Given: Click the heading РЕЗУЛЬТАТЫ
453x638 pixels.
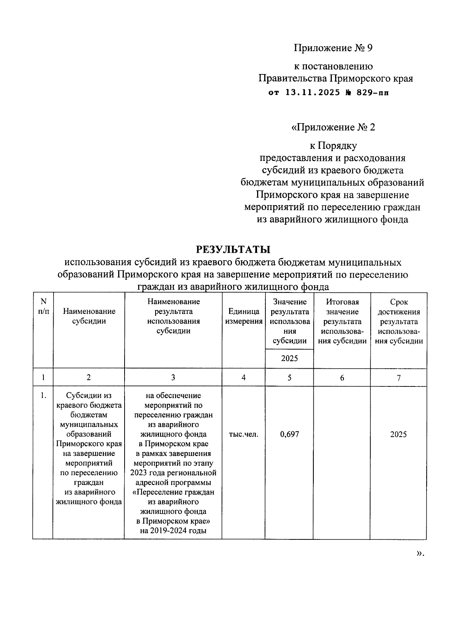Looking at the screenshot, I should tap(233, 250).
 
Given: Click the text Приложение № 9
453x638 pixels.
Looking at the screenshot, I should tap(333, 48).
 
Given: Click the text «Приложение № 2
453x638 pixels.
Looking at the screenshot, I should tap(333, 127).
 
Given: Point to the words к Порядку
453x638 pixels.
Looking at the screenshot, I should tap(333, 145).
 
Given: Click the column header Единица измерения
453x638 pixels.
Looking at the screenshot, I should tap(243, 317).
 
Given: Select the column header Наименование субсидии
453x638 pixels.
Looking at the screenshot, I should tap(89, 317).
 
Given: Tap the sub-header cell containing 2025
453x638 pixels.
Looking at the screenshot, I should tap(289, 358).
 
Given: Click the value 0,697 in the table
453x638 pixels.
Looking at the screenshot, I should tap(289, 434).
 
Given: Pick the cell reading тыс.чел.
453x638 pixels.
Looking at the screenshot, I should tap(243, 434).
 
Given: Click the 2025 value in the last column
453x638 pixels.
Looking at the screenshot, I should tap(398, 434).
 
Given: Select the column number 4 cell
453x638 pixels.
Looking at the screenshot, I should tap(243, 377).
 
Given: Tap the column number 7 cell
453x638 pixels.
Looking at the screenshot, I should tap(399, 377).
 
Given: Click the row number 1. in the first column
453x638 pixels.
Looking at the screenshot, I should tap(43, 395).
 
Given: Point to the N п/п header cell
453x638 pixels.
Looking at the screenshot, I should tap(43, 306).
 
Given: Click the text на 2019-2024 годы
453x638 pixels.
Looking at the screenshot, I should tap(173, 531).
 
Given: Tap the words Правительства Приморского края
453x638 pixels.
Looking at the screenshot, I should tap(335, 79).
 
